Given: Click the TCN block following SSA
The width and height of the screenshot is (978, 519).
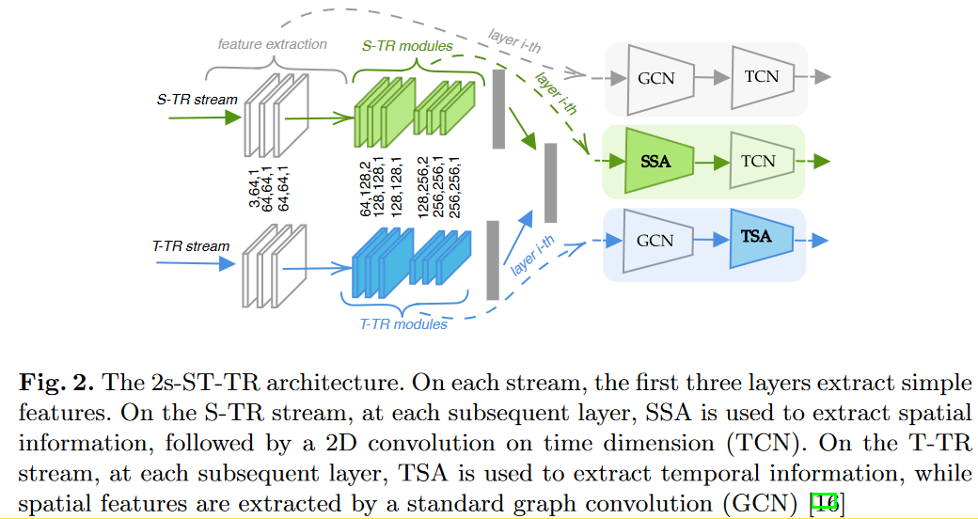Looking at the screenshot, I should (x=758, y=161).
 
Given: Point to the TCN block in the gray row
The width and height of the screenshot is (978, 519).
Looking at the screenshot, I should (x=760, y=76).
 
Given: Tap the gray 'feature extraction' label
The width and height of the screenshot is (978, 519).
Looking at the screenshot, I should (x=273, y=44).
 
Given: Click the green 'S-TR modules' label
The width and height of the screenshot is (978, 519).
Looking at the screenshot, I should (x=407, y=45).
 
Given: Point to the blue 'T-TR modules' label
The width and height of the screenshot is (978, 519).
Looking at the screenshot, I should (x=403, y=324).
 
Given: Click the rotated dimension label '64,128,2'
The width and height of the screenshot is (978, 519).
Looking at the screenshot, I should (x=367, y=191).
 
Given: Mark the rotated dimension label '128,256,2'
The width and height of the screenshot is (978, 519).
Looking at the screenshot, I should (x=423, y=191).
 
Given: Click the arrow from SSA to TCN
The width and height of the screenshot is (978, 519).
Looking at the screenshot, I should (x=712, y=161).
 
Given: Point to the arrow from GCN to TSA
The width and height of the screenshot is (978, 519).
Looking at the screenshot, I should (x=712, y=241).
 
